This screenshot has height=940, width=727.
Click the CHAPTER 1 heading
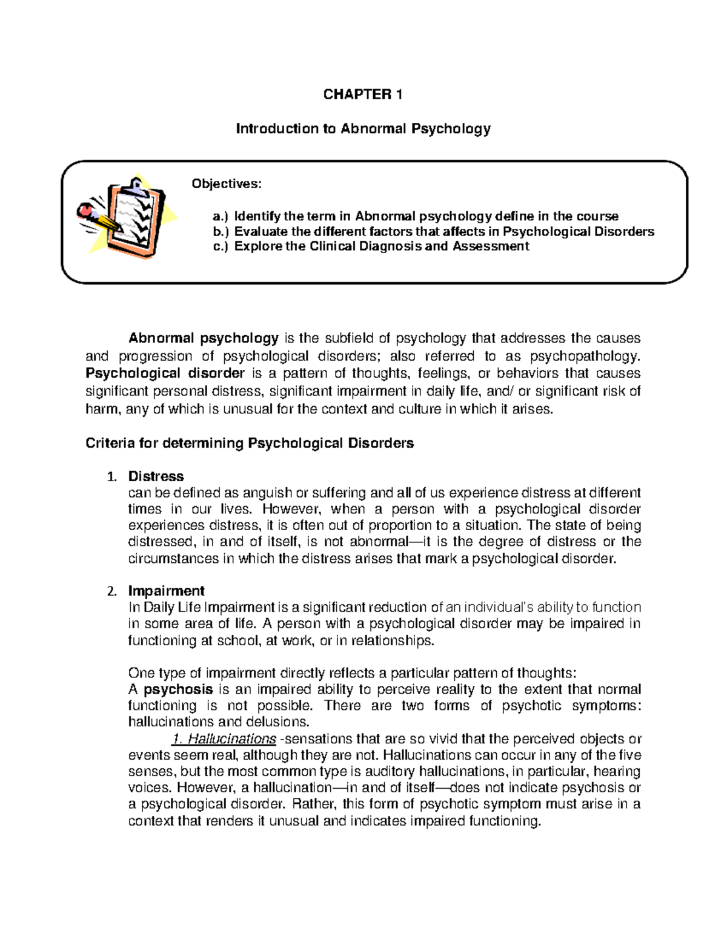[362, 94]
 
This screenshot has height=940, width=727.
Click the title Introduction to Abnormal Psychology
[363, 128]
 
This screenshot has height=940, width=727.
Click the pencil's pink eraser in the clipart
[84, 211]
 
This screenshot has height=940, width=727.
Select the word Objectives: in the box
[227, 184]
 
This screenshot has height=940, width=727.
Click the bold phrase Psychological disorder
[165, 373]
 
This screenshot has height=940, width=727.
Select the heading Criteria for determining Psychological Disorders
[250, 443]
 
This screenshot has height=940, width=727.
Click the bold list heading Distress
[156, 476]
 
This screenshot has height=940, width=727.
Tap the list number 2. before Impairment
[111, 591]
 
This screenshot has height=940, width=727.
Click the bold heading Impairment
[166, 591]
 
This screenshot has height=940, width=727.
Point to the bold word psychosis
[178, 689]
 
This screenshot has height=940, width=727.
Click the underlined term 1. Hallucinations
[224, 739]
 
